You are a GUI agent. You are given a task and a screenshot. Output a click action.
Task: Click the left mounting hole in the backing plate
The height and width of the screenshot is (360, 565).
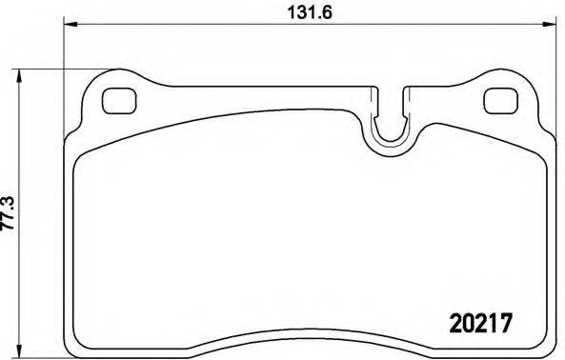[119, 98]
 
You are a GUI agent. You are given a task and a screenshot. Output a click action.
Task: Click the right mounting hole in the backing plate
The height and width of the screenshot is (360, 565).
[498, 98]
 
